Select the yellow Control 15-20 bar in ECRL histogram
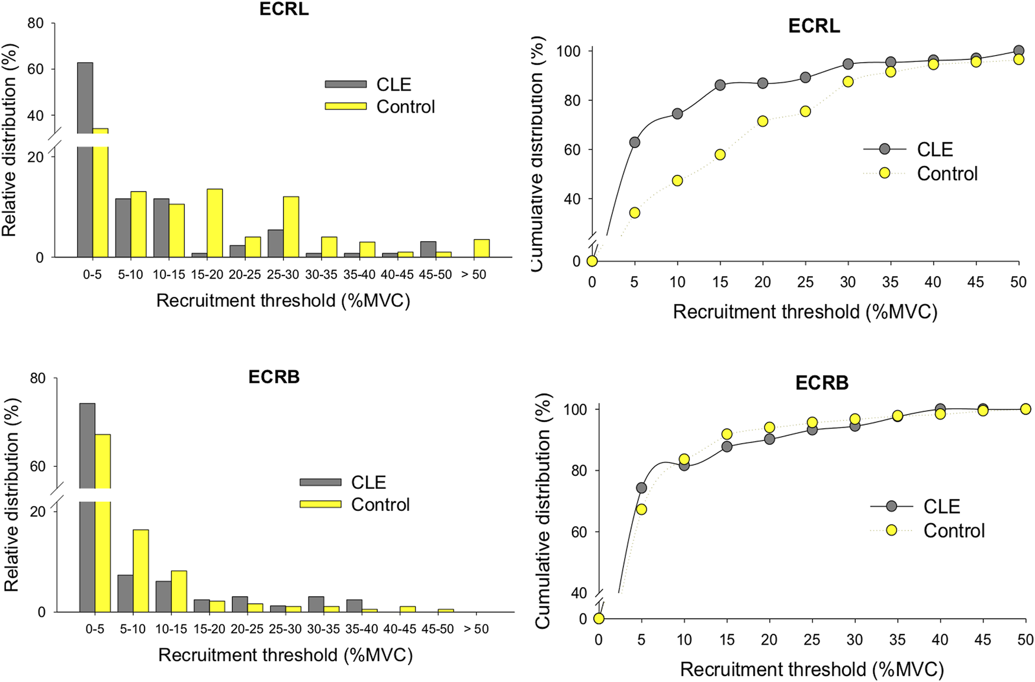pyautogui.click(x=215, y=223)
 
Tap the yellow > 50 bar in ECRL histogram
pyautogui.click(x=481, y=248)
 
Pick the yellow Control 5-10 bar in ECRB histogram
pyautogui.click(x=140, y=571)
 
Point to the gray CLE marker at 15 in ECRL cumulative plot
pyautogui.click(x=720, y=85)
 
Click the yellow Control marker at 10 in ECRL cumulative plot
pyautogui.click(x=677, y=181)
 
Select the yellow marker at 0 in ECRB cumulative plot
pyautogui.click(x=599, y=619)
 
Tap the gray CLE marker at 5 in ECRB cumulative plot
pyautogui.click(x=641, y=488)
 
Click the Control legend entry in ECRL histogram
pyautogui.click(x=405, y=107)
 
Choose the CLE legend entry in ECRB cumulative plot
pyautogui.click(x=941, y=507)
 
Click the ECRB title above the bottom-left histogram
pyautogui.click(x=274, y=377)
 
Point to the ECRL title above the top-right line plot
pyautogui.click(x=814, y=26)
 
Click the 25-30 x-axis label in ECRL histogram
pyautogui.click(x=283, y=275)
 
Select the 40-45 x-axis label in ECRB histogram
pyautogui.click(x=400, y=629)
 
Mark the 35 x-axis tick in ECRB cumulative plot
pyautogui.click(x=897, y=640)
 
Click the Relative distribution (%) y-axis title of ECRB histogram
pyautogui.click(x=12, y=495)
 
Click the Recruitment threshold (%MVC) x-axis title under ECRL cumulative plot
pyautogui.click(x=805, y=312)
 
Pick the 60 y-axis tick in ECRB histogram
pyautogui.click(x=37, y=466)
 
